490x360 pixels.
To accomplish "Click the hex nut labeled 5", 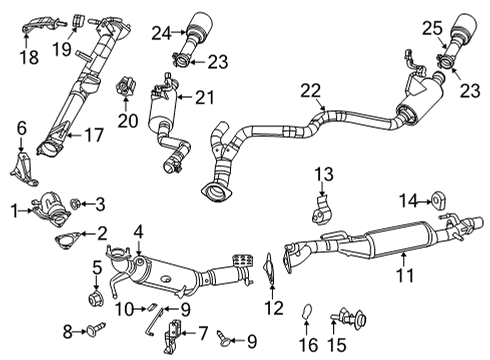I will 98,297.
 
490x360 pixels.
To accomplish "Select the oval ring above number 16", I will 309,317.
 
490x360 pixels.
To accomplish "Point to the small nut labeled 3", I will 77,204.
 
